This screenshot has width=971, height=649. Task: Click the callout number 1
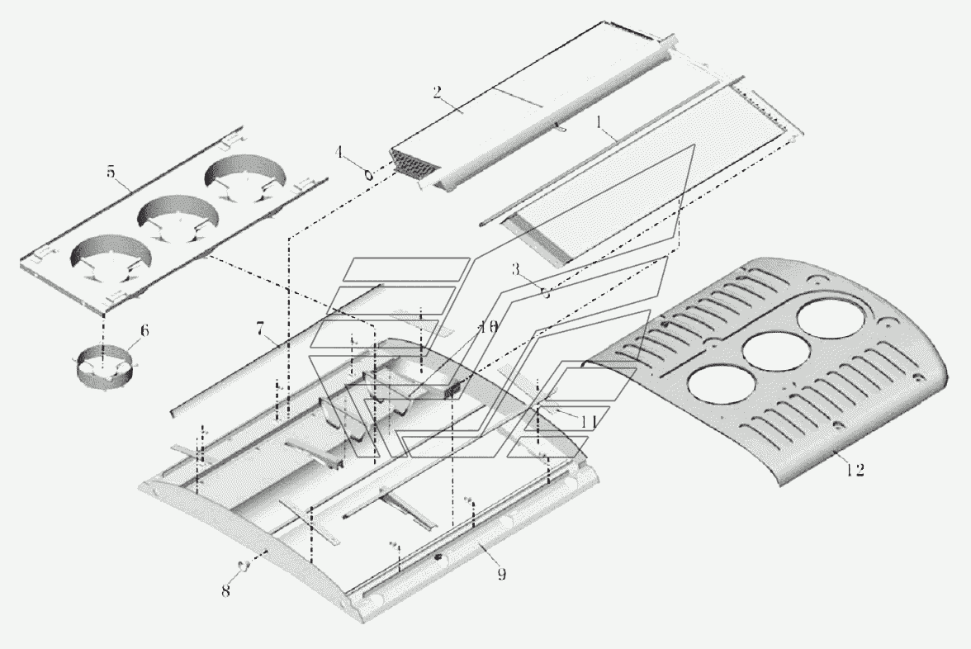pyautogui.click(x=599, y=122)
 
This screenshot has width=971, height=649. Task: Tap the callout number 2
pyautogui.click(x=438, y=92)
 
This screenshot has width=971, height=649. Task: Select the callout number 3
pyautogui.click(x=515, y=269)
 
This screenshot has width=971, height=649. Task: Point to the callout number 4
pyautogui.click(x=339, y=152)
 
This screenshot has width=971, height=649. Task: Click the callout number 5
pyautogui.click(x=111, y=172)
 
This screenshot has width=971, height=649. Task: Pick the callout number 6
pyautogui.click(x=144, y=330)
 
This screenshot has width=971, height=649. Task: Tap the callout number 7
pyautogui.click(x=261, y=329)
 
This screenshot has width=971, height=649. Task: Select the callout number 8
pyautogui.click(x=225, y=591)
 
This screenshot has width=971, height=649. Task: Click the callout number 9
pyautogui.click(x=502, y=575)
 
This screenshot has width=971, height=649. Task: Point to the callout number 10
pyautogui.click(x=487, y=327)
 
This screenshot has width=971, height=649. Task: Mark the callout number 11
pyautogui.click(x=588, y=423)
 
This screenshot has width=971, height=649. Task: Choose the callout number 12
pyautogui.click(x=855, y=471)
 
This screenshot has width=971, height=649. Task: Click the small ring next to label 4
pyautogui.click(x=369, y=175)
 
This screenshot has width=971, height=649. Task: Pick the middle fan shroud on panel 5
pyautogui.click(x=178, y=219)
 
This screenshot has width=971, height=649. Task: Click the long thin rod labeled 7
pyautogui.click(x=277, y=350)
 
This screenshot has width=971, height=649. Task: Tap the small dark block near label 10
pyautogui.click(x=452, y=391)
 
